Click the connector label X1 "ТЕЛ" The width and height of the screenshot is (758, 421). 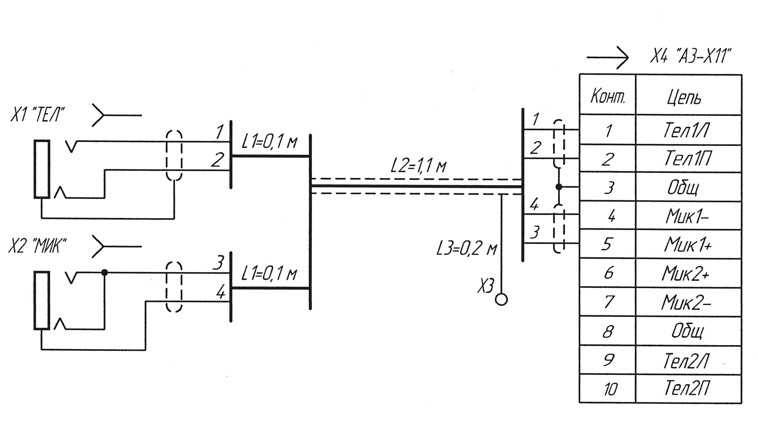click(x=38, y=114)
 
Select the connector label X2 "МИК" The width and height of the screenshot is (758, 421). click(x=38, y=246)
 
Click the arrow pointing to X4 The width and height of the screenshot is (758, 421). click(x=607, y=57)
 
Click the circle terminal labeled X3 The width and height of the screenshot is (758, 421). click(x=501, y=300)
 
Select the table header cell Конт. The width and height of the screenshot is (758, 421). click(x=607, y=95)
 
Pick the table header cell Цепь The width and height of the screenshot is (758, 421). click(x=684, y=97)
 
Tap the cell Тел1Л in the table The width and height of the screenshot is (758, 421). click(x=687, y=130)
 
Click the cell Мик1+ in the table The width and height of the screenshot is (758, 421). click(x=687, y=245)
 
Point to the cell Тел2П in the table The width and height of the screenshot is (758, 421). click(x=687, y=388)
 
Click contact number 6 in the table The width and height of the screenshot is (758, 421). click(x=608, y=273)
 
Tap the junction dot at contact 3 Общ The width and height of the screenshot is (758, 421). click(x=559, y=187)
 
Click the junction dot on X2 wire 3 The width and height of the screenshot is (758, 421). click(x=105, y=273)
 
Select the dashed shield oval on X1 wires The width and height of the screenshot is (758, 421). click(x=174, y=156)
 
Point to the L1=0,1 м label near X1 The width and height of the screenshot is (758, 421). click(x=269, y=142)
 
